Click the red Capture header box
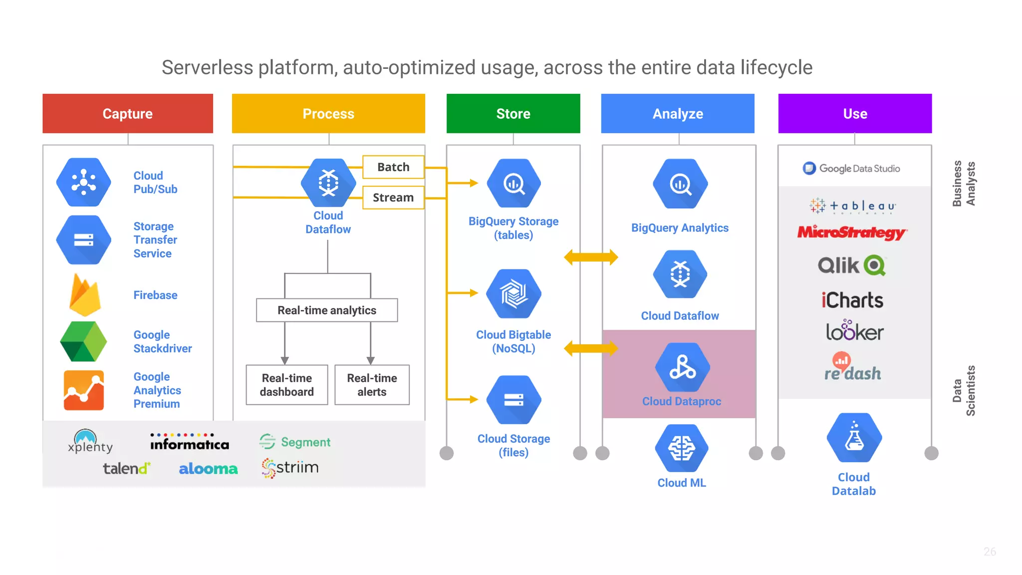click(128, 113)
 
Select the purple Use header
click(855, 113)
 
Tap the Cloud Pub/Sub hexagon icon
click(83, 182)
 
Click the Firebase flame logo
click(84, 295)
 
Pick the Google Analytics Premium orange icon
click(84, 390)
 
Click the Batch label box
click(393, 167)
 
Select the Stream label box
click(393, 198)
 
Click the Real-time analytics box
click(327, 310)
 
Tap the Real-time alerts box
click(372, 385)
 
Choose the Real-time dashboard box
click(287, 385)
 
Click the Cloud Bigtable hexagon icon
click(513, 294)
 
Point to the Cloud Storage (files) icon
click(513, 400)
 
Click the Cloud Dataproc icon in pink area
click(682, 368)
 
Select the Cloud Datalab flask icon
click(854, 438)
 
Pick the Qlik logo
click(851, 266)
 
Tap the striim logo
click(290, 468)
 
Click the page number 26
click(990, 552)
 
